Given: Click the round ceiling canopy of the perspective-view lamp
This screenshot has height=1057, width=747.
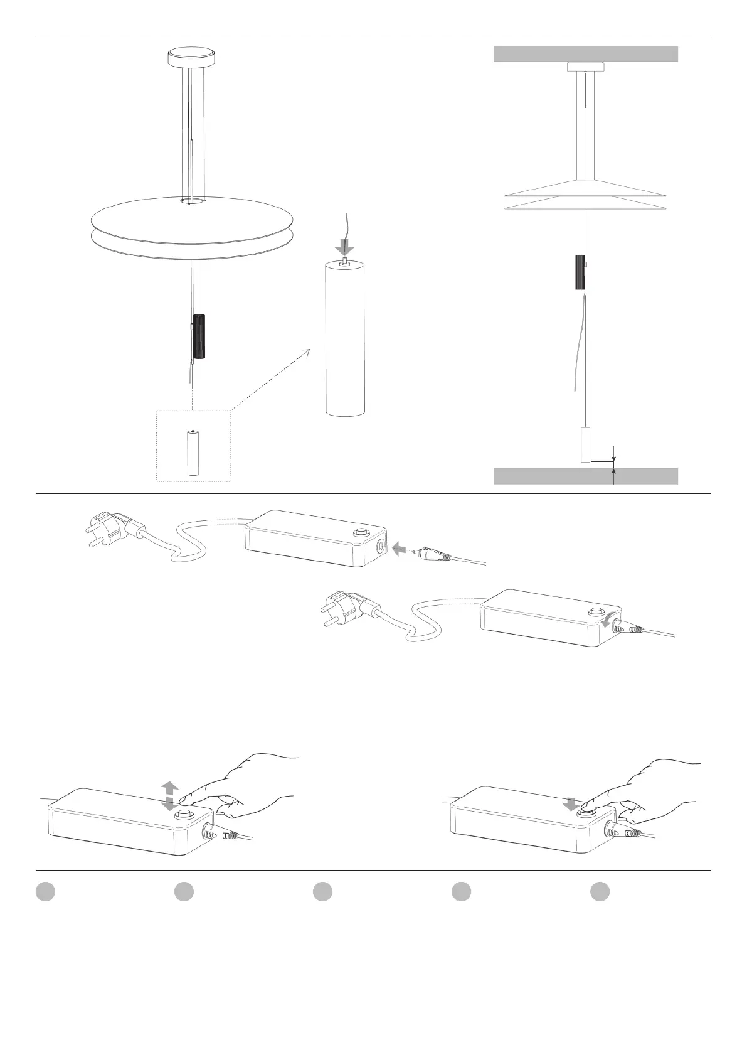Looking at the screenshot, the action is coord(191,58).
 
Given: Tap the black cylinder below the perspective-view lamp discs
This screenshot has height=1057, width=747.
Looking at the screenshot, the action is coord(199,336).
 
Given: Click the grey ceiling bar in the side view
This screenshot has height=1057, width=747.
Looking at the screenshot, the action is coord(586,54).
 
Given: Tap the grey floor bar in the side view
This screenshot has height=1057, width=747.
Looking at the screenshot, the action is coord(586,476).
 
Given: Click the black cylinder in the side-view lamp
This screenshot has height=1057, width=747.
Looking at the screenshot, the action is coord(580,272).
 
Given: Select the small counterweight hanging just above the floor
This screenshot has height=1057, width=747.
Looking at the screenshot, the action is coord(586,445).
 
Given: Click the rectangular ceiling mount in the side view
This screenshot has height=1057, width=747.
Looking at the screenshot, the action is coord(586,67).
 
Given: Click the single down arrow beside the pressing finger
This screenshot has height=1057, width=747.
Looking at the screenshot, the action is coord(571,803).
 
